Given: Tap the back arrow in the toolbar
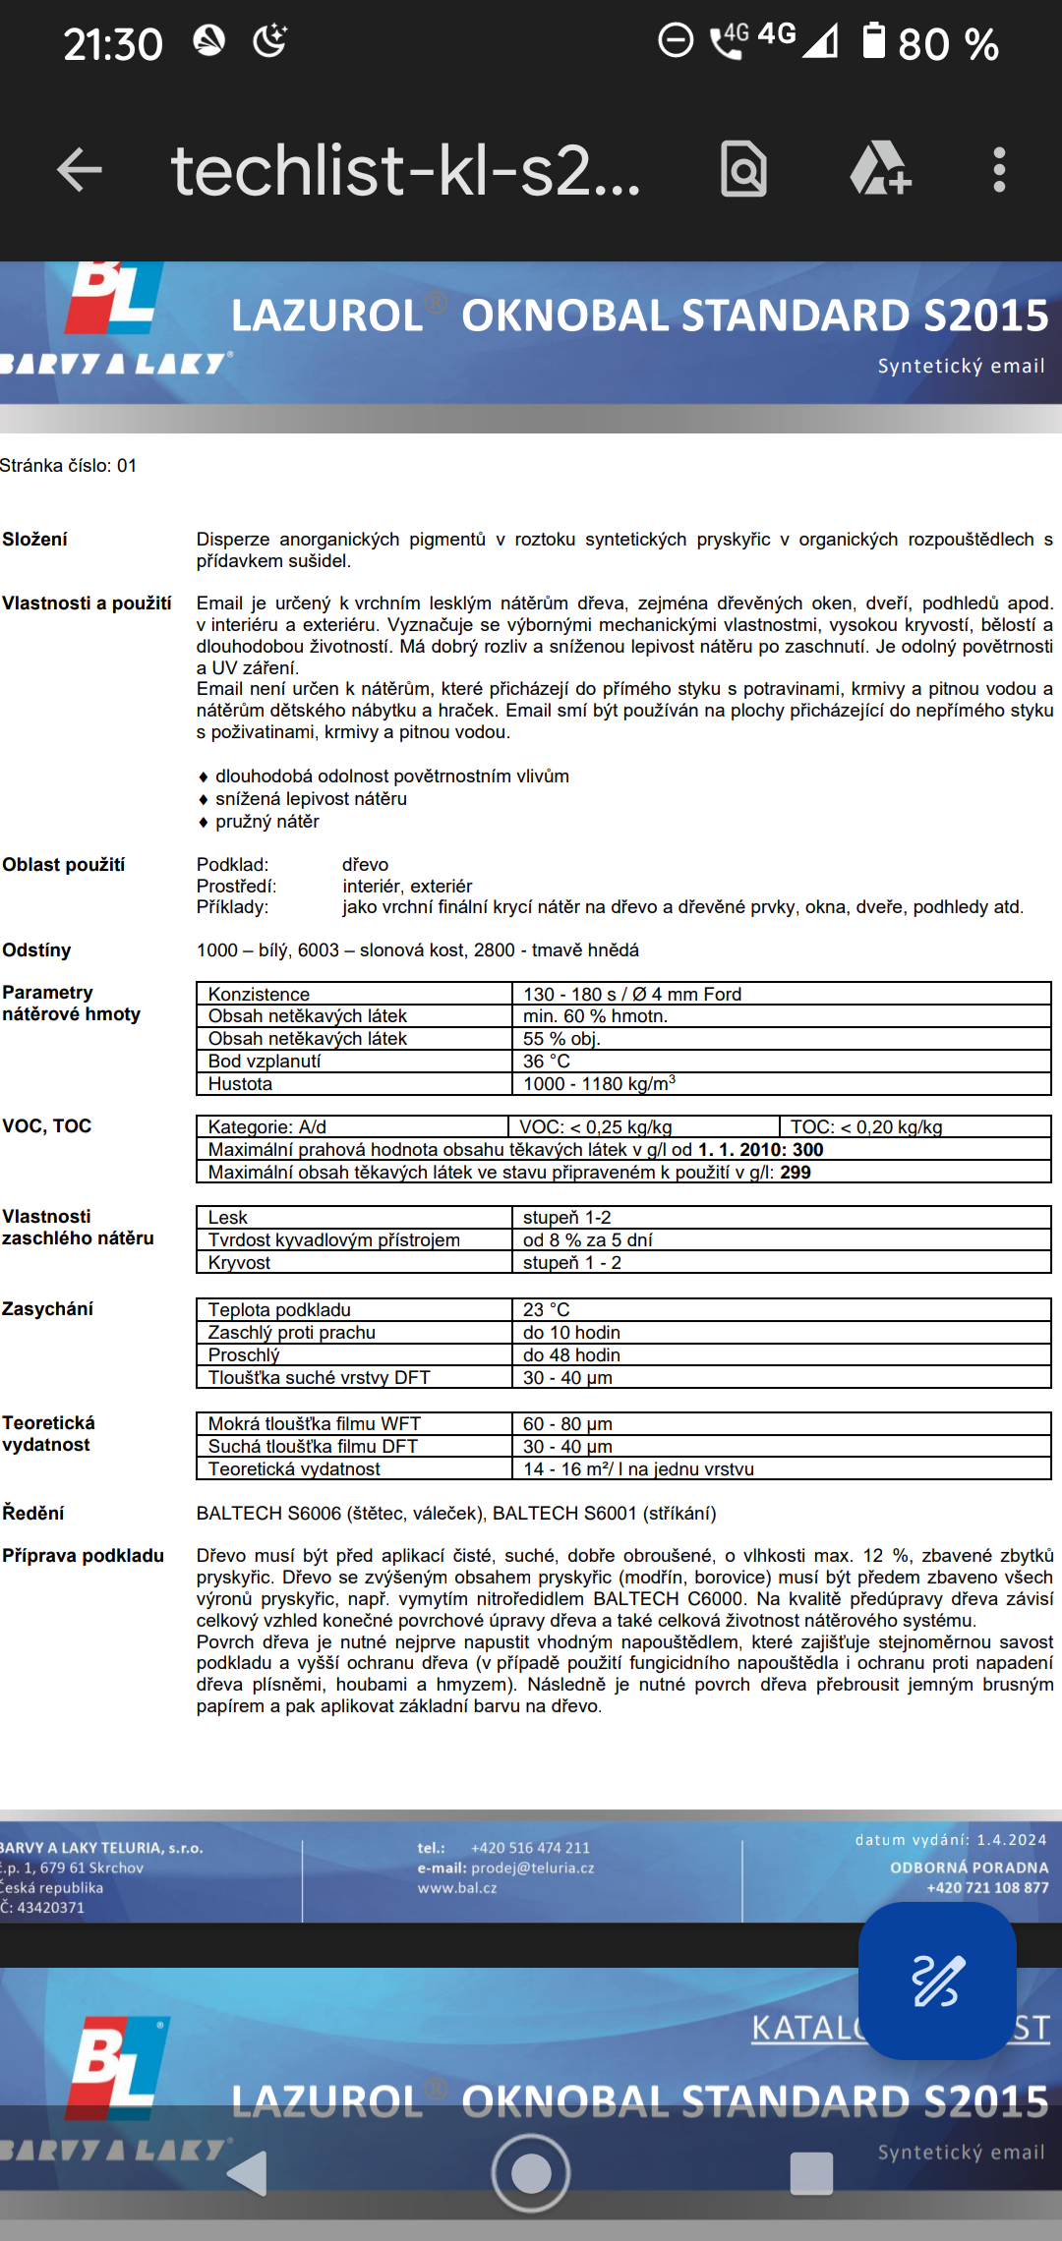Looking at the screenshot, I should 80,170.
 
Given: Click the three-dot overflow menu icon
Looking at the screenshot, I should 999,170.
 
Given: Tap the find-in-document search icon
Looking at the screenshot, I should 744,170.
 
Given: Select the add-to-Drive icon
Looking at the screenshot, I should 880,170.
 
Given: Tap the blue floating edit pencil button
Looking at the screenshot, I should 936,1980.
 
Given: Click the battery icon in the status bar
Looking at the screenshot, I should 873,41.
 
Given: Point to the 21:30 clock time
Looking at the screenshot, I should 113,44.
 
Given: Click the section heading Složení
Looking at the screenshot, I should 35,540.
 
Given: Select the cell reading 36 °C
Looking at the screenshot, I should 547,1062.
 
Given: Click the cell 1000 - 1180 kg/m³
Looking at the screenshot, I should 599,1084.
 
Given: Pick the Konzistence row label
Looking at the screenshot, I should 259,995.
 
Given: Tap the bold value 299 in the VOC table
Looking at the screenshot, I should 796,1173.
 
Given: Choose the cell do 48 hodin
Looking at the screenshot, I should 571,1355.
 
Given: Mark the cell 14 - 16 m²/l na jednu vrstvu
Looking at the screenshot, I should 638,1469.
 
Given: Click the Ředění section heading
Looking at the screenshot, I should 33,1514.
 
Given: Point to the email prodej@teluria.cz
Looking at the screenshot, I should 532,1868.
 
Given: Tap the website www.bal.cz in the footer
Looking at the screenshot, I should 457,1888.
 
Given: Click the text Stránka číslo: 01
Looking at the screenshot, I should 69,466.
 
